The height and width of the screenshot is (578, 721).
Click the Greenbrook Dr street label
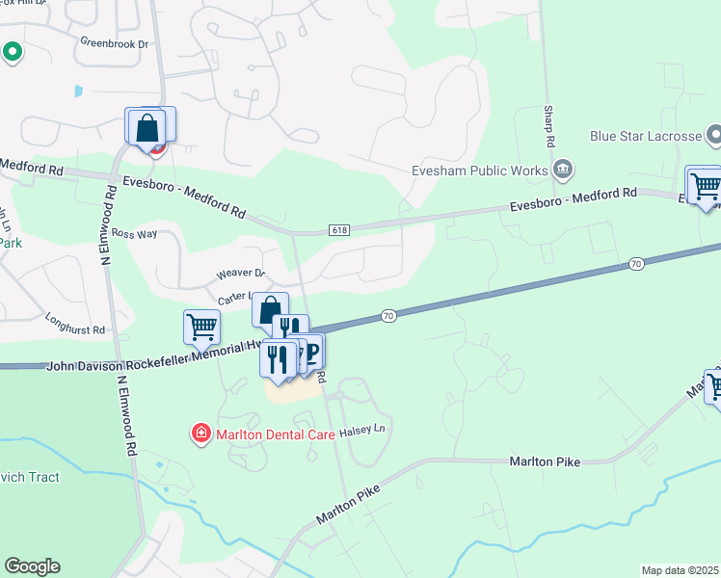(x=115, y=43)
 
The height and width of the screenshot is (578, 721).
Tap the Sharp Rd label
(x=548, y=127)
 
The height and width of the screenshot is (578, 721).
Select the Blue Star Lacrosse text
(x=645, y=136)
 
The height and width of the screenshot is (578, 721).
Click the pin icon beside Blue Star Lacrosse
(x=714, y=136)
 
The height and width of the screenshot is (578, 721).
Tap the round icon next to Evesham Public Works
(x=563, y=171)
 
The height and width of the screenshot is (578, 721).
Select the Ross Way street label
(x=135, y=233)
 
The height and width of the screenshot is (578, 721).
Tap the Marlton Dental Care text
(x=273, y=434)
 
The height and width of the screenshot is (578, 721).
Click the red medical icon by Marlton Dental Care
(x=200, y=434)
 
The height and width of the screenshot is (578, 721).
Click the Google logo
(x=32, y=566)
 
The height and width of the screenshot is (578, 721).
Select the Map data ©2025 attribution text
(x=680, y=570)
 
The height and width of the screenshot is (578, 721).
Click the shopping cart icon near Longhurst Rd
(x=201, y=326)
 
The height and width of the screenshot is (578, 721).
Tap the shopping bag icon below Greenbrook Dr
(x=145, y=126)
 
